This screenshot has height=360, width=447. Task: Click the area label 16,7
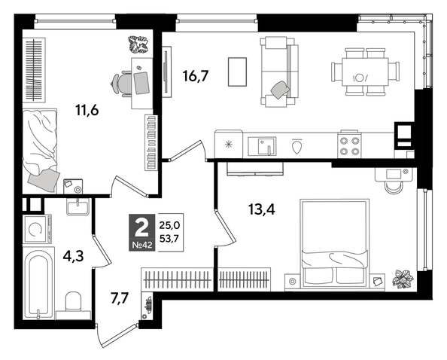[x=195, y=75]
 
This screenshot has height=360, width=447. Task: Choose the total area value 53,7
[x=170, y=239]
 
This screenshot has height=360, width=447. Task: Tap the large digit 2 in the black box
[x=140, y=225]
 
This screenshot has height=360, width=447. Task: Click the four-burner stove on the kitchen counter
[x=348, y=143]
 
